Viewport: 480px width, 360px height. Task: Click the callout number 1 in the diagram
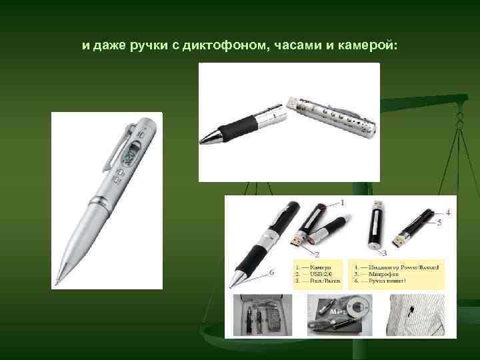(343, 201)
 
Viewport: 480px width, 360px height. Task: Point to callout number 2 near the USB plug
(317, 254)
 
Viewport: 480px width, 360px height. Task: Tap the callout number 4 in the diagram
(448, 212)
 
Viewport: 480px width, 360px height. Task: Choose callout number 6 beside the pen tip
(272, 272)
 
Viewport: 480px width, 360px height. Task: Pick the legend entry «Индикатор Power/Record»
(397, 267)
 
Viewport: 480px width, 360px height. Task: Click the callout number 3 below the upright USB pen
(385, 254)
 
